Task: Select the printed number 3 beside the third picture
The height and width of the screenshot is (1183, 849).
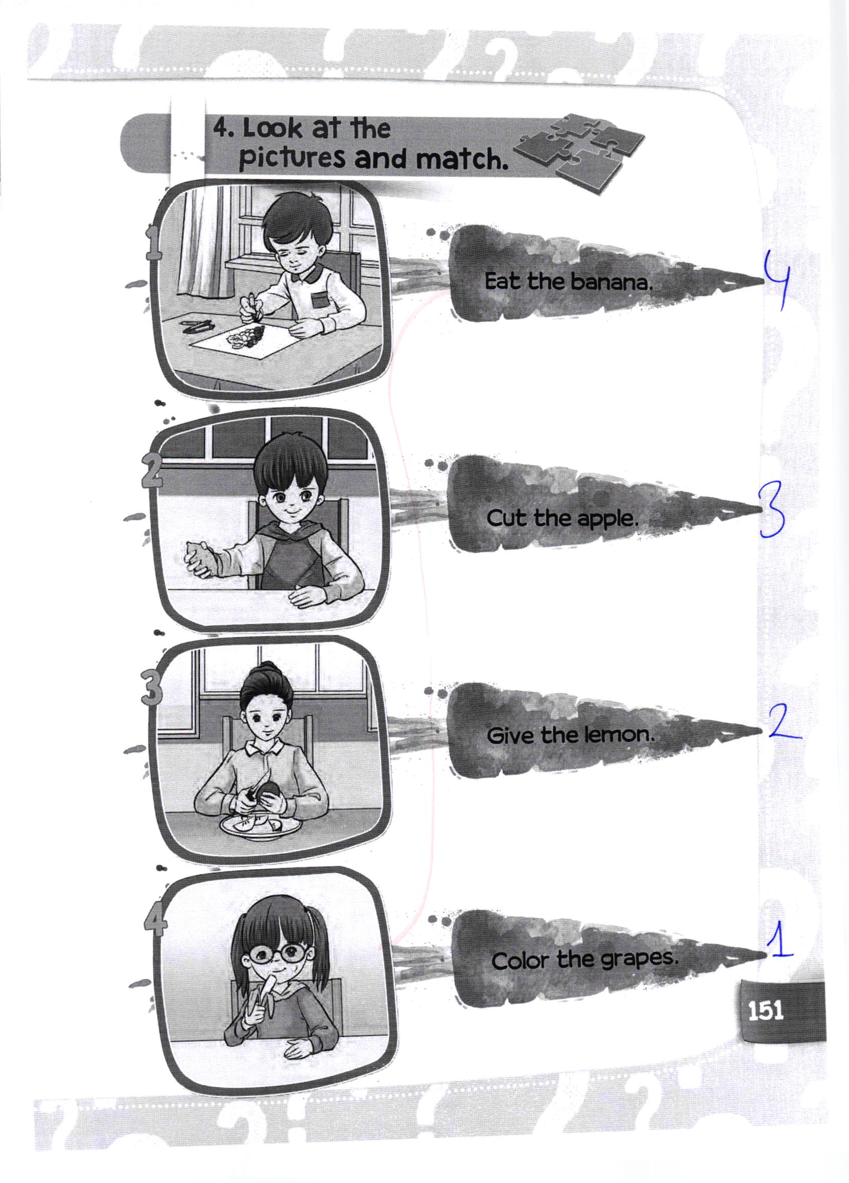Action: [x=151, y=689]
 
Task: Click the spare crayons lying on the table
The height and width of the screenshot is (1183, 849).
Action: [x=197, y=327]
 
